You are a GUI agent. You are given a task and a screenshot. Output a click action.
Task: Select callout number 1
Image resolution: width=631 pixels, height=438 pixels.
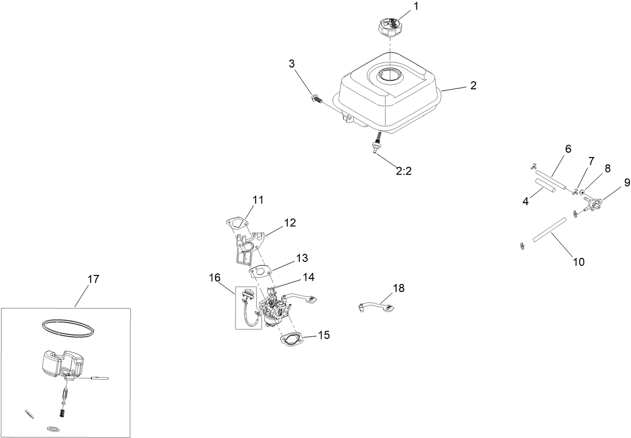tap(415, 7)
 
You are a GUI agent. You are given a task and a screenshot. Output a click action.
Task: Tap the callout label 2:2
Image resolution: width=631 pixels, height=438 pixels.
tap(403, 171)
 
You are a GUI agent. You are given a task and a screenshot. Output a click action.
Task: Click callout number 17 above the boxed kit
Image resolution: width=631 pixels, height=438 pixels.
tap(93, 279)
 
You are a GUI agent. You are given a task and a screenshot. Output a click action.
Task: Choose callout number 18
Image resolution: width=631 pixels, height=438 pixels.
tap(398, 288)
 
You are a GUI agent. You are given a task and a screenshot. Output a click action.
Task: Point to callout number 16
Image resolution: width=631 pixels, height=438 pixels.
tap(215, 277)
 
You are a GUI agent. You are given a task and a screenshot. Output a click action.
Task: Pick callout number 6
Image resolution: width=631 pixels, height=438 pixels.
tap(568, 149)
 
